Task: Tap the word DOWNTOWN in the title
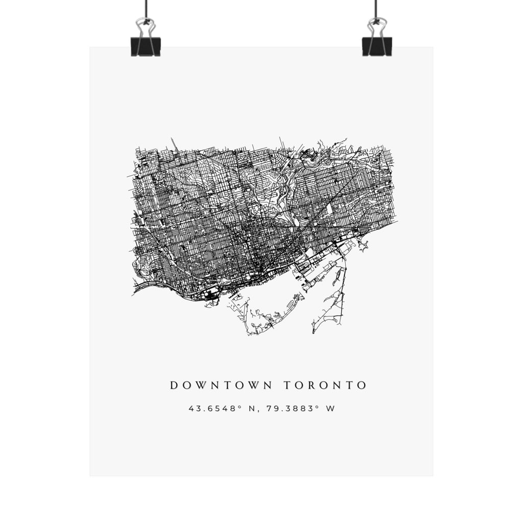tap(221, 385)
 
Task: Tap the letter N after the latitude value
tap(240, 409)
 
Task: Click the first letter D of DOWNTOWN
tap(174, 385)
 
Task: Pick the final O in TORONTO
tap(362, 385)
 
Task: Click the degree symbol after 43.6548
tap(229, 407)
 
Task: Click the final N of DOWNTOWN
tap(269, 385)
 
